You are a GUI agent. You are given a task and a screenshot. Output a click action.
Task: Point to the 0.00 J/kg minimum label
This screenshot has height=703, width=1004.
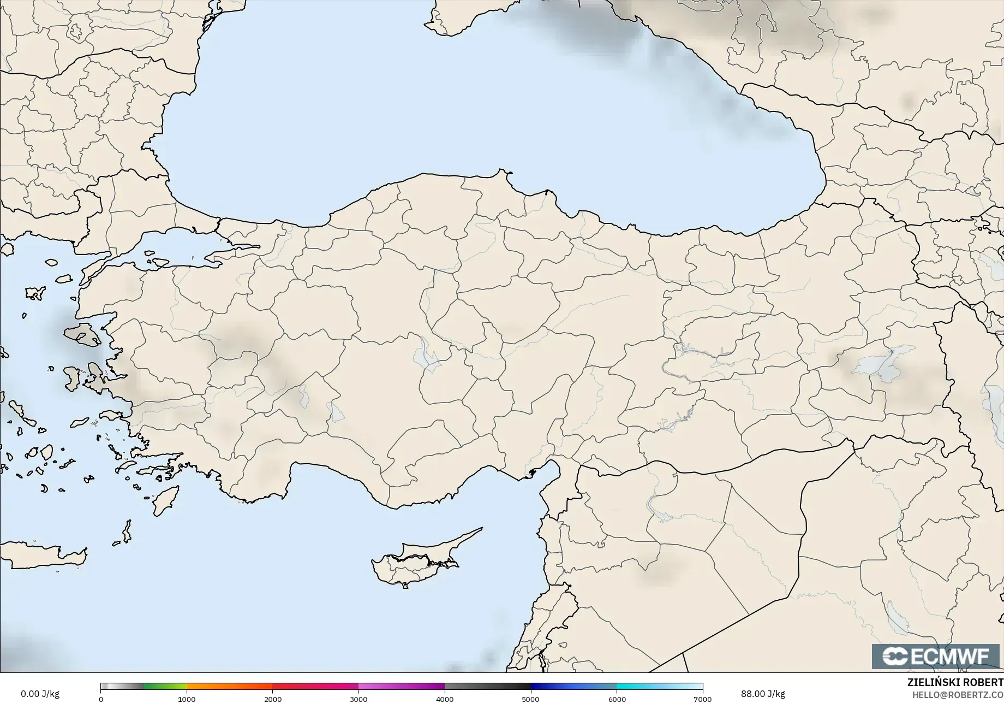(40, 694)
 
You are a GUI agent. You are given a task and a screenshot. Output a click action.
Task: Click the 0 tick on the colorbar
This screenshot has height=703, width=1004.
(101, 699)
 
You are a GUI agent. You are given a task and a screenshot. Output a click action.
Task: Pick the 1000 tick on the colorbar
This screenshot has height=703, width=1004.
(187, 699)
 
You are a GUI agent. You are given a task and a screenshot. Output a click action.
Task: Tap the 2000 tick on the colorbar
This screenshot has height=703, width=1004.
(273, 699)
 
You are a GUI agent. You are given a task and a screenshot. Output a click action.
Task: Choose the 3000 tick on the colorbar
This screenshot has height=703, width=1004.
(358, 699)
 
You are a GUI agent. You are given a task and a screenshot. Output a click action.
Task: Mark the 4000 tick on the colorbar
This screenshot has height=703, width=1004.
(445, 699)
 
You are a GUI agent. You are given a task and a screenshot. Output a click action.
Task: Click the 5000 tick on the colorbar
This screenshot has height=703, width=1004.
(530, 699)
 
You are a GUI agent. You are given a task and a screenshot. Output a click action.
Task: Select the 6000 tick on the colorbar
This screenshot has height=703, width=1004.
(617, 699)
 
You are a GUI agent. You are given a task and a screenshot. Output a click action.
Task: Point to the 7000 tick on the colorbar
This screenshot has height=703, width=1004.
(702, 699)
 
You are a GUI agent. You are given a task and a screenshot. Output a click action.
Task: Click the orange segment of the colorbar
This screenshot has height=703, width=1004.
(229, 687)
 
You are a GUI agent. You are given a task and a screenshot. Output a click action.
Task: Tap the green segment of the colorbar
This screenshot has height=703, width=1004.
(164, 687)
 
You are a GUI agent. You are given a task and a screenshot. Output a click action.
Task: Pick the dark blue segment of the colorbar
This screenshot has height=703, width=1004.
(573, 687)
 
